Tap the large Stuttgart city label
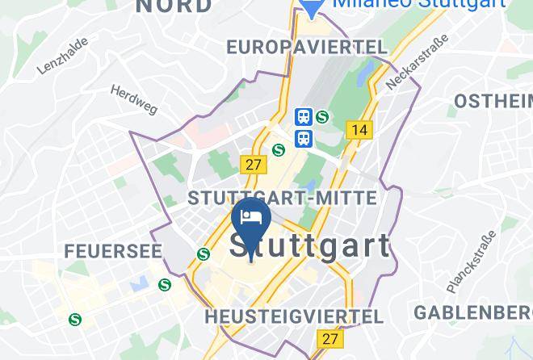pos(311,247)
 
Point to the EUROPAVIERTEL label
pos(307,48)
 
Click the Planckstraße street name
pos(470,262)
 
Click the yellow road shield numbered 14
pos(359,129)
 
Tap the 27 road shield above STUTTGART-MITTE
pos(254,164)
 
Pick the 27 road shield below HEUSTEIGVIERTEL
pos(329,339)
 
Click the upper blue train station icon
pos(304,118)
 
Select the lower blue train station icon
pos(304,138)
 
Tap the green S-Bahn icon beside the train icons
pos(323,117)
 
